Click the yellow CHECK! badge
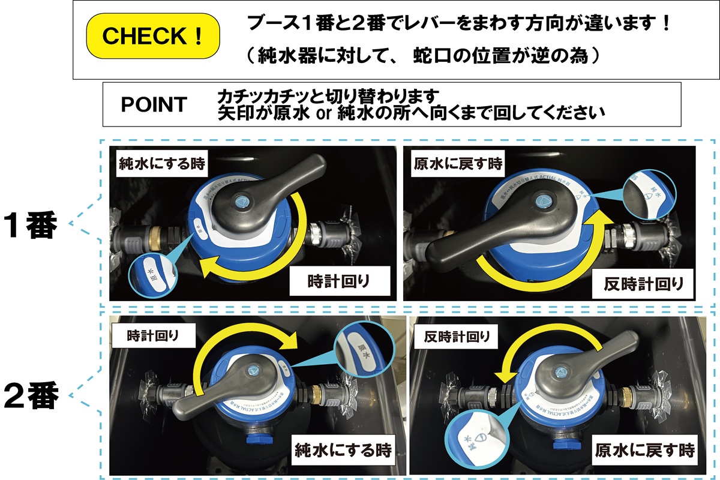[x=154, y=36]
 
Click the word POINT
[x=154, y=104]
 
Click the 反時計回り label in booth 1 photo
[x=643, y=281]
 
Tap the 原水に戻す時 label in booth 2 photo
[x=644, y=449]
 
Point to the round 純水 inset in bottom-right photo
[x=472, y=441]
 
